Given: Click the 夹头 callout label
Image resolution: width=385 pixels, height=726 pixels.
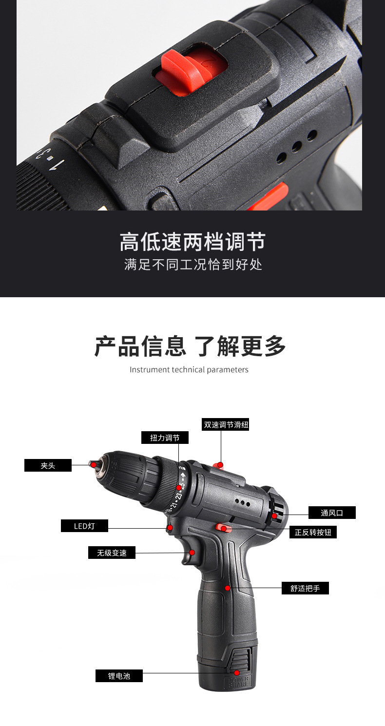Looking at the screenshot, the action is point(48,465).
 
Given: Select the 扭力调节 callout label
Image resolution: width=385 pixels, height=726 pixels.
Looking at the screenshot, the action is point(165,438).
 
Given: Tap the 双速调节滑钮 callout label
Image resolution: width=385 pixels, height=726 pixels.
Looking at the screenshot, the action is point(226,424).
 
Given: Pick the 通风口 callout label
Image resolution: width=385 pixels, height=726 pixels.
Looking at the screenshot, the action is point(332,513).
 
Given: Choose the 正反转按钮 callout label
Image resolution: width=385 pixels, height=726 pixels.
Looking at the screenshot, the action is point(313,532).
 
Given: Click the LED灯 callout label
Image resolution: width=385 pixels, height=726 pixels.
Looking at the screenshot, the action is point(84,526).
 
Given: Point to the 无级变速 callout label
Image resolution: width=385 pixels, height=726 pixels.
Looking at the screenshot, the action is point(112,553).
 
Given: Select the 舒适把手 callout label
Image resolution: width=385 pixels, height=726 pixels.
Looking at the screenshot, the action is point(305,588).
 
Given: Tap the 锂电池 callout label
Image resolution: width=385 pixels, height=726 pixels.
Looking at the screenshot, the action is point(119,676).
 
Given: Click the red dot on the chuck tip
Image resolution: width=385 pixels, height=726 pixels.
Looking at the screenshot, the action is point(94,465).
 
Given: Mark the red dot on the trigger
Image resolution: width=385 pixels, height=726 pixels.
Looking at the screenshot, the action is point(192,552).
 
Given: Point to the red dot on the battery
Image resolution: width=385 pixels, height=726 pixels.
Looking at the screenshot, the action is point(237,673).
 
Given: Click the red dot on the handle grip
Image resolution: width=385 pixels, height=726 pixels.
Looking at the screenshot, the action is point(228,588).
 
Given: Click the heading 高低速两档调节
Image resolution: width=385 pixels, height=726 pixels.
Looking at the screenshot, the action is point(192,242).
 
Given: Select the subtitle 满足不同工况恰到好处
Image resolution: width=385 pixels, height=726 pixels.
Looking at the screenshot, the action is point(193,265).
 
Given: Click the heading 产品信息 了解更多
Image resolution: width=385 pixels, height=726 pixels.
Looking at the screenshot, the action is point(190,346).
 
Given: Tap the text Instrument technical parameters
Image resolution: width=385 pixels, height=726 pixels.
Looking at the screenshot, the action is point(189,369).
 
